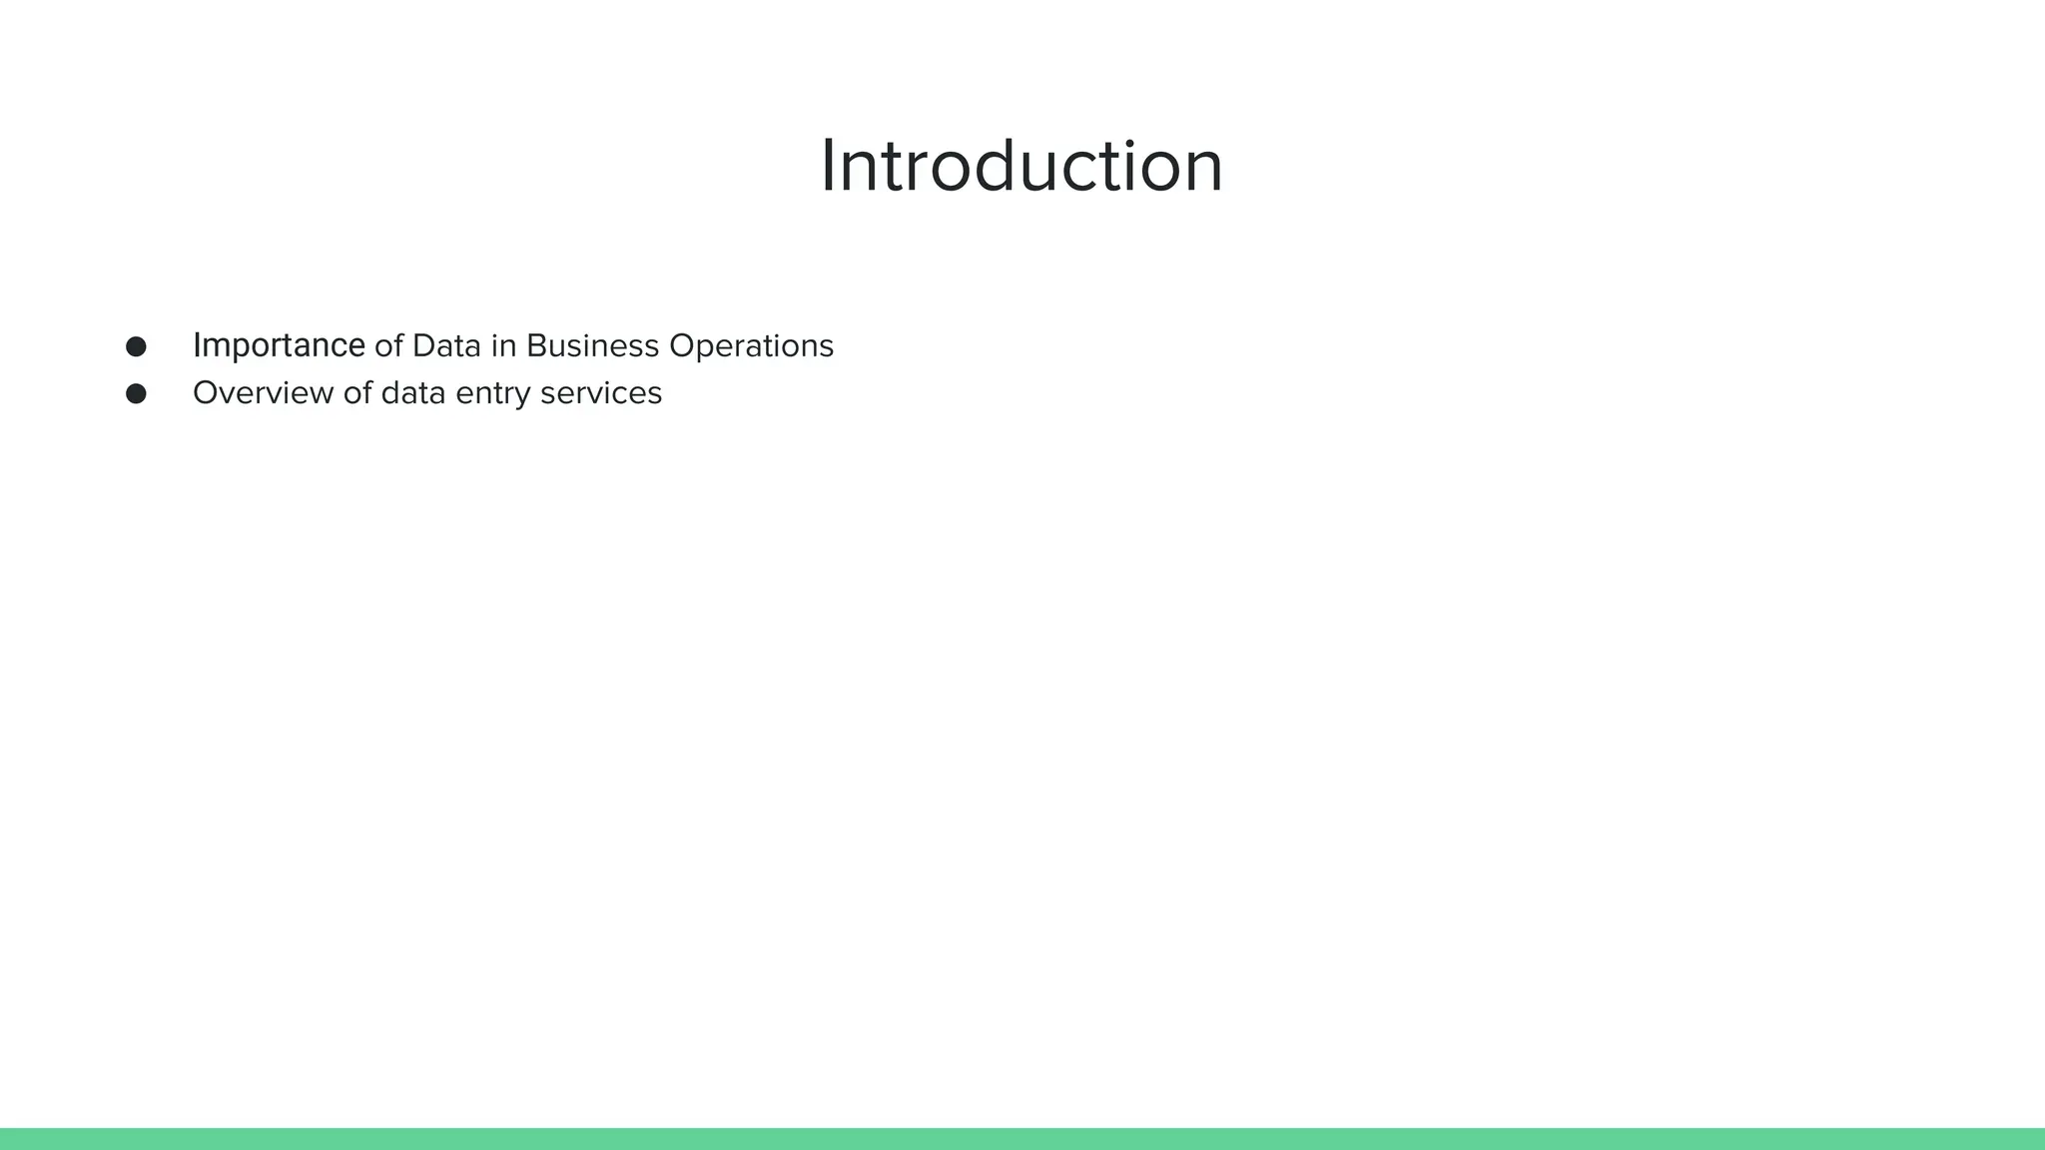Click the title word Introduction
pyautogui.click(x=1022, y=166)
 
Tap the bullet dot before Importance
pyautogui.click(x=136, y=346)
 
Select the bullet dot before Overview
pyautogui.click(x=136, y=394)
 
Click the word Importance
pyautogui.click(x=279, y=345)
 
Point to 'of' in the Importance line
pyautogui.click(x=388, y=346)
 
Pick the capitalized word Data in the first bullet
pyautogui.click(x=446, y=346)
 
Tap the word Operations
pyautogui.click(x=751, y=346)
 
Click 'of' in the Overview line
pyautogui.click(x=357, y=393)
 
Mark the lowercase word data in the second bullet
pyautogui.click(x=413, y=393)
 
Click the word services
pyautogui.click(x=601, y=393)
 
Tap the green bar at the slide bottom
pyautogui.click(x=1022, y=1139)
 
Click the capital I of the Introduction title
pyautogui.click(x=828, y=167)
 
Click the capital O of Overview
pyautogui.click(x=206, y=393)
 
